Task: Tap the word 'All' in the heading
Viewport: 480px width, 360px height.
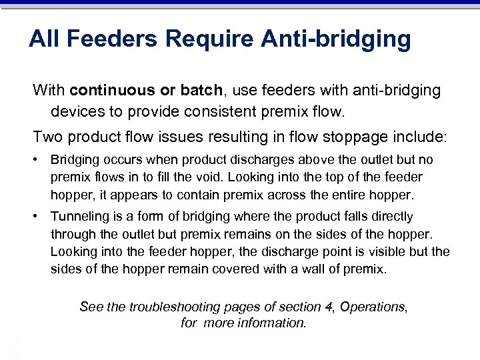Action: point(44,39)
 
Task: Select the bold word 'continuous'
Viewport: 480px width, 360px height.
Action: point(106,90)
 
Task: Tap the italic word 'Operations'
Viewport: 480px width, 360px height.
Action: point(373,307)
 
